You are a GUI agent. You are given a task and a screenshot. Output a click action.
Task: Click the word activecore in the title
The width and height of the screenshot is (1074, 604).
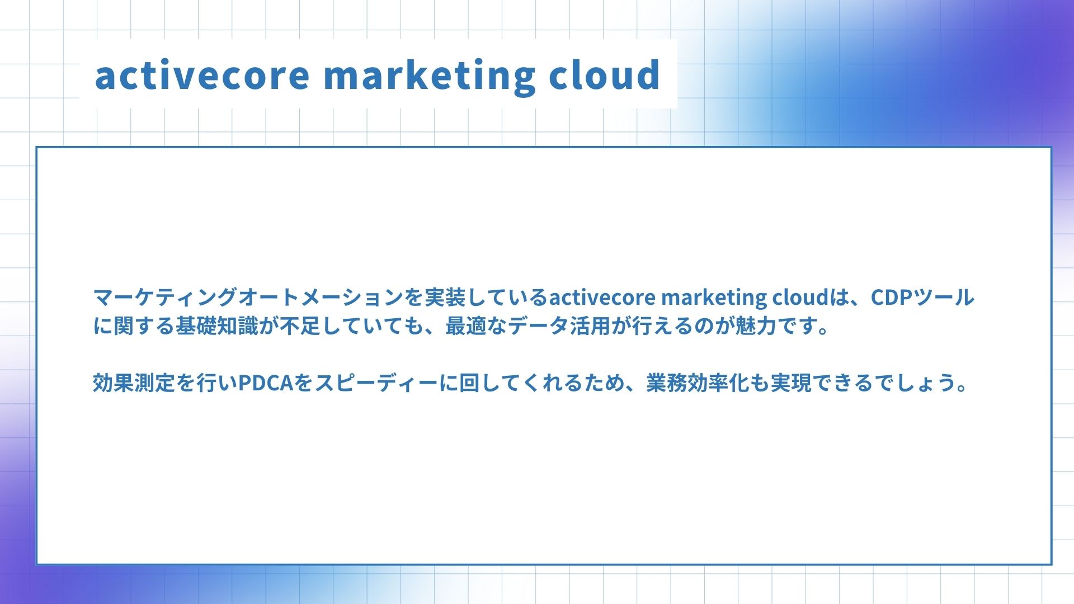click(202, 75)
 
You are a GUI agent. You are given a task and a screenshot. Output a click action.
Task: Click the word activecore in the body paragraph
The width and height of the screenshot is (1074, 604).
click(602, 298)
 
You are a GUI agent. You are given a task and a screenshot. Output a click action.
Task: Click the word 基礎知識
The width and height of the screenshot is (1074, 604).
click(217, 326)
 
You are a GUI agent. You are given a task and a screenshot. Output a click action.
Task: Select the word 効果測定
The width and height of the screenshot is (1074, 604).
click(134, 383)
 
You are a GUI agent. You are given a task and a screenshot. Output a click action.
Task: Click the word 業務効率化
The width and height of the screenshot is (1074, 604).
click(698, 383)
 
